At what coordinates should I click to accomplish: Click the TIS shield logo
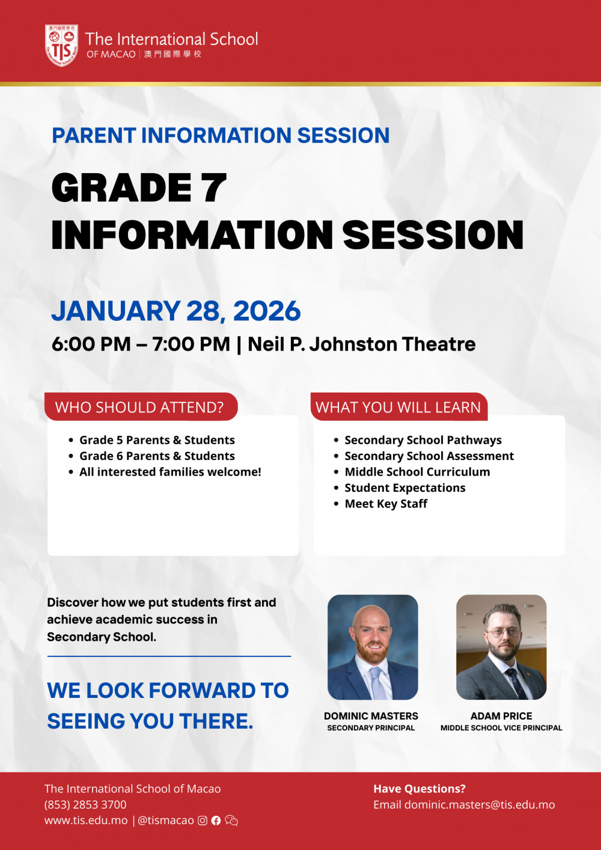61,45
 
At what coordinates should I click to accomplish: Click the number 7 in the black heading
214,188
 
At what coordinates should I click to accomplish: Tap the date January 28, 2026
176,311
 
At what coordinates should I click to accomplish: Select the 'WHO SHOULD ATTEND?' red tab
140,407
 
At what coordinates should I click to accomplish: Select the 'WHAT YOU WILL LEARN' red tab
398,407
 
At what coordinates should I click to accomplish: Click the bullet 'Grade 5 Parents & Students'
157,440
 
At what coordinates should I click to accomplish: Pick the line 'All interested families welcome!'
170,472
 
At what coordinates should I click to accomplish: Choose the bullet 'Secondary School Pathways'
423,440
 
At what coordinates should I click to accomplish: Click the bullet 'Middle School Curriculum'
417,472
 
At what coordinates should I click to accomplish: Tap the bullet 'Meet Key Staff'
386,504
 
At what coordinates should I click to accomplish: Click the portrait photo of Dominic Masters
373,647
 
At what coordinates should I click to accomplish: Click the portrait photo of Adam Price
501,647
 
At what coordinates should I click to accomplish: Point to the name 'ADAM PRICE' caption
501,716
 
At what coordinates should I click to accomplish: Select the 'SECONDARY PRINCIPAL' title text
371,728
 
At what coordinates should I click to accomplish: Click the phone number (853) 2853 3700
85,804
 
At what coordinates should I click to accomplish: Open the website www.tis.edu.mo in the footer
86,821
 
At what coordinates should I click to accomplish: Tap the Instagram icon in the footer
203,821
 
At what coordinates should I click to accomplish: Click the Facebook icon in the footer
216,821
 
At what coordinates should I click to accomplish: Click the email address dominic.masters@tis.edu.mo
480,804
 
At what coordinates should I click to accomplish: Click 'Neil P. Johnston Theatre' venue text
361,344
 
